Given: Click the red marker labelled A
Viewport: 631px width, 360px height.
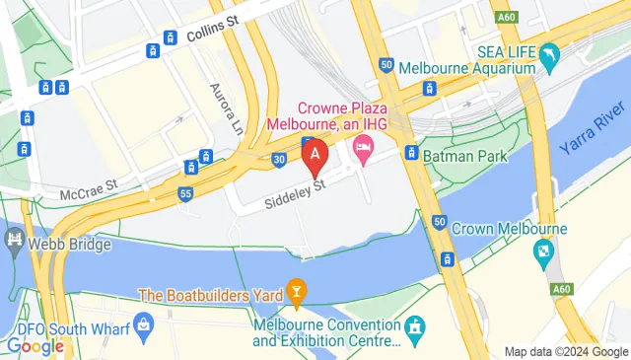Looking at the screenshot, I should [x=315, y=156].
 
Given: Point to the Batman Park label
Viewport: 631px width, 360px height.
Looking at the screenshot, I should [x=463, y=156].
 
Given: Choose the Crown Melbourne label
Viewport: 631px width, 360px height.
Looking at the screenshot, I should [x=509, y=229].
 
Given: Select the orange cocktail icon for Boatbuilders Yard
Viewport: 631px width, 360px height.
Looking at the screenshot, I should [x=295, y=292].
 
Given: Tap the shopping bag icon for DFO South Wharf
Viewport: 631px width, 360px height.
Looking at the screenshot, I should [x=145, y=323].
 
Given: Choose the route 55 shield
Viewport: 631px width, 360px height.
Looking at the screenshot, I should [x=185, y=194].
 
